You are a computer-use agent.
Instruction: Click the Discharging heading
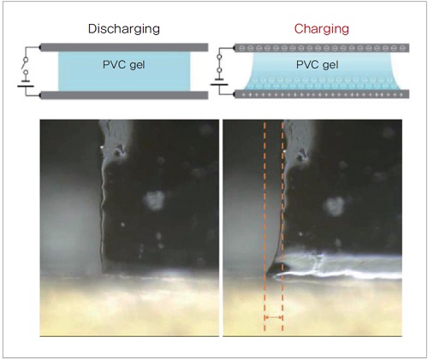[124, 29]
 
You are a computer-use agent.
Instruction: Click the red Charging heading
[322, 29]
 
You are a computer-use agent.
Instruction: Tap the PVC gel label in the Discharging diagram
[124, 65]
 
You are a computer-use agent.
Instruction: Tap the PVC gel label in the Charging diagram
[318, 65]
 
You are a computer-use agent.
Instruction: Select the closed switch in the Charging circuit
[219, 63]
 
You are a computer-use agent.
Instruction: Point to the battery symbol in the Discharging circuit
[26, 84]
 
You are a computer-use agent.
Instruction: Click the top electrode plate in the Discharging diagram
[124, 47]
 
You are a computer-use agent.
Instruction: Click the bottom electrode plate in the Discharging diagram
[124, 95]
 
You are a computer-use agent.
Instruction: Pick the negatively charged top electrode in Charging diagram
[322, 48]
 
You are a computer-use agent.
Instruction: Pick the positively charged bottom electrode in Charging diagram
[322, 94]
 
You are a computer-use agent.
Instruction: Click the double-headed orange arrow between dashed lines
[274, 317]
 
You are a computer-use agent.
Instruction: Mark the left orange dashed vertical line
[265, 227]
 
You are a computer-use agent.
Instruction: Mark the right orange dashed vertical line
[282, 227]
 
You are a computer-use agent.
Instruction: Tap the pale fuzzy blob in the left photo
[155, 200]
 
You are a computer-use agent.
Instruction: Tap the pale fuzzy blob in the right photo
[334, 206]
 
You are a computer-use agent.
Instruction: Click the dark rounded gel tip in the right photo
[277, 269]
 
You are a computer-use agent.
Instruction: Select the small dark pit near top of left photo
[119, 150]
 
